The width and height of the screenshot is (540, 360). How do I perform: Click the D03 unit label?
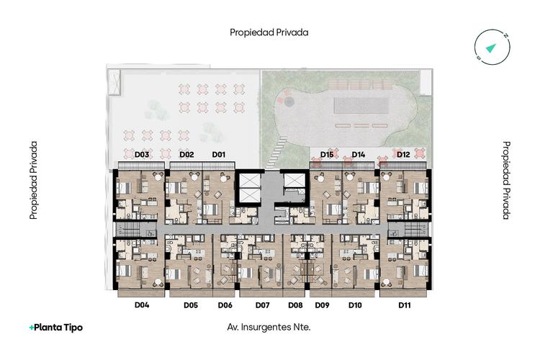point(142,154)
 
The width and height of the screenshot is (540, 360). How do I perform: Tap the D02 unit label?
point(186,154)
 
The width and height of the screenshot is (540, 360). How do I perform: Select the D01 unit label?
point(219,154)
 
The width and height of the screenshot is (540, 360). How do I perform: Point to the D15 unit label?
point(327,154)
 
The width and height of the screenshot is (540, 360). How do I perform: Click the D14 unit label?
point(358,154)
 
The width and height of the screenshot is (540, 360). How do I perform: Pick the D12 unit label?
point(403,154)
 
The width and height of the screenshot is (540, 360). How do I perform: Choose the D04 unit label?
point(142,305)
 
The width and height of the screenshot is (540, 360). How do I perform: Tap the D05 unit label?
point(191,305)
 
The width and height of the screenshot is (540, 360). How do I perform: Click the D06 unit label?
point(225,305)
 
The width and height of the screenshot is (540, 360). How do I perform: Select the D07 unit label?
point(262,305)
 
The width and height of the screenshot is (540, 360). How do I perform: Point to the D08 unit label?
point(295,305)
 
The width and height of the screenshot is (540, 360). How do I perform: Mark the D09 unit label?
point(323,305)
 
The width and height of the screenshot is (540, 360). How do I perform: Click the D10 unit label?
point(355,305)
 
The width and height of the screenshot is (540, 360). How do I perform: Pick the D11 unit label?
point(405,305)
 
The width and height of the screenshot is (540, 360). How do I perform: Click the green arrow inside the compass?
point(491,48)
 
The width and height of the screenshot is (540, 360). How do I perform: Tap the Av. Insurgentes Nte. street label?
point(269,327)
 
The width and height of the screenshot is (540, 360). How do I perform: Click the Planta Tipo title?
point(58,328)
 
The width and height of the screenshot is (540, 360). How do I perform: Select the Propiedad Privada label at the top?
point(269,32)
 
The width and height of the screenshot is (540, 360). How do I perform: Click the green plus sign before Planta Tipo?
point(32,328)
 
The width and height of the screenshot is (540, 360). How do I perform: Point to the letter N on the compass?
point(505,36)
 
